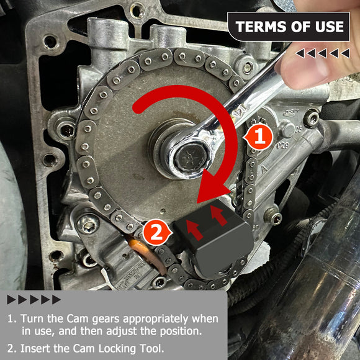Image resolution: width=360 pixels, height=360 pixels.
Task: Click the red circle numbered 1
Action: point(259,137)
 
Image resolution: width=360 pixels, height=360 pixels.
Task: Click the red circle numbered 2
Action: point(157,232)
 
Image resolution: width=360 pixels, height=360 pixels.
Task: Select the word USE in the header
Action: point(329,27)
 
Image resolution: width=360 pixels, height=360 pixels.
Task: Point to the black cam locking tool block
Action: point(214,239)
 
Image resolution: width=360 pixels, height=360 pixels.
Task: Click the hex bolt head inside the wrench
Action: point(191,158)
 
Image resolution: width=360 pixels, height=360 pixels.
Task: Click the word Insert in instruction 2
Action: point(34,348)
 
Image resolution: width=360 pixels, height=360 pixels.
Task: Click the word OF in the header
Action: point(300,27)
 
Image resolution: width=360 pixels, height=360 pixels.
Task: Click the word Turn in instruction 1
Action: point(32,318)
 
